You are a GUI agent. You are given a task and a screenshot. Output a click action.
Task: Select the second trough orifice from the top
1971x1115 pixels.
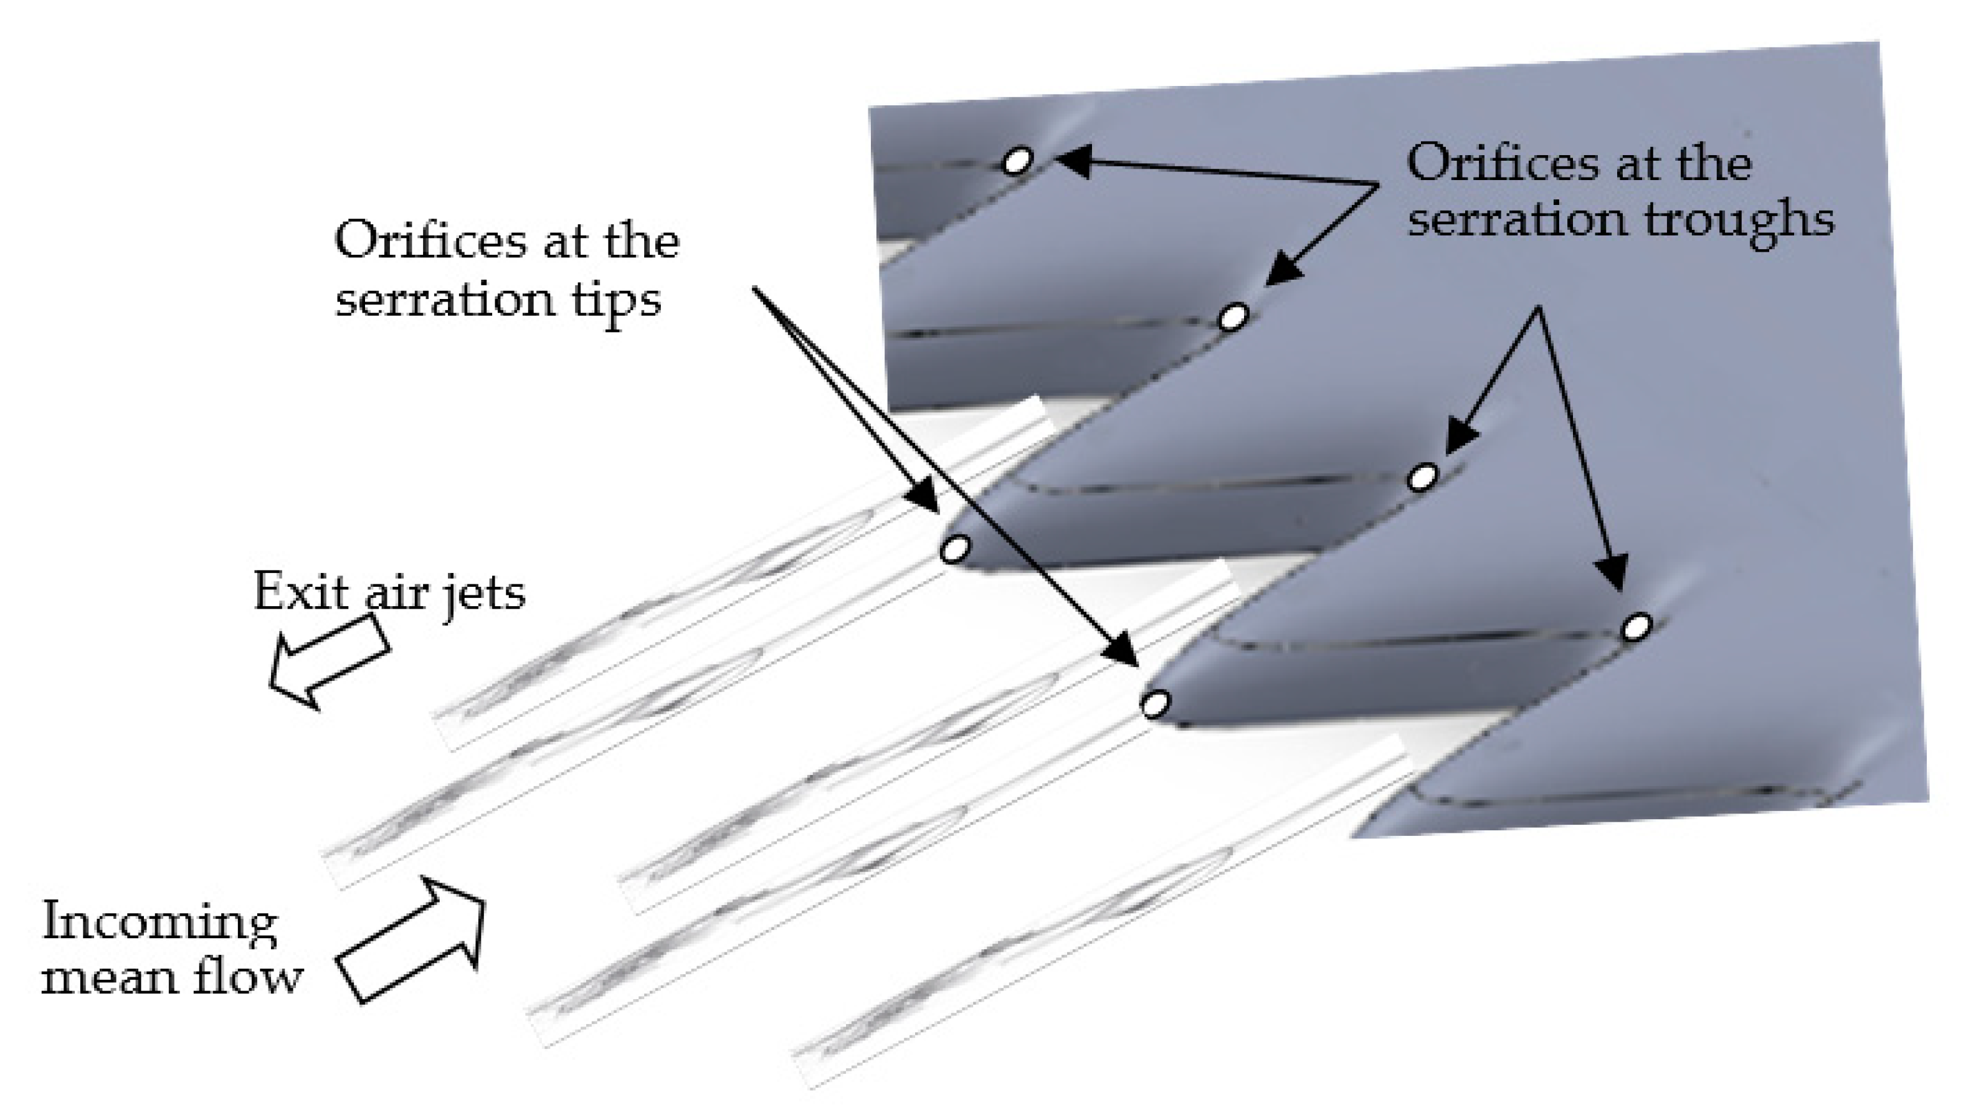click(1233, 316)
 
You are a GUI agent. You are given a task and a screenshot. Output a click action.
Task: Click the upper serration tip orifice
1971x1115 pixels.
click(954, 549)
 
